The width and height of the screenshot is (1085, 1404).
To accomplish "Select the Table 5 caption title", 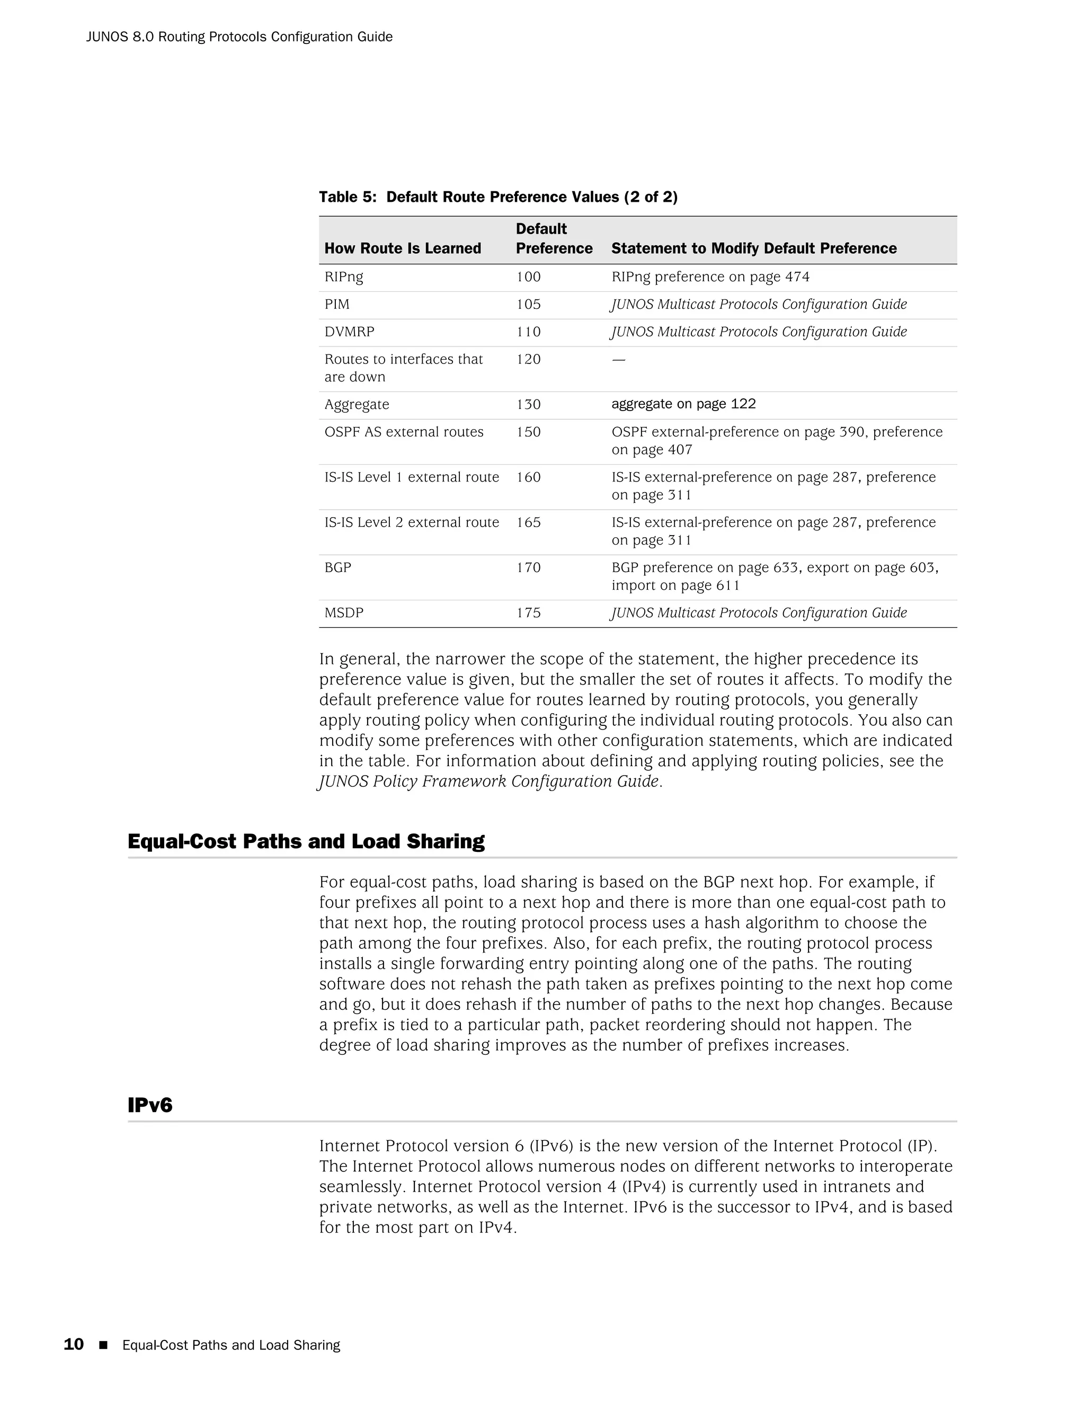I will [498, 197].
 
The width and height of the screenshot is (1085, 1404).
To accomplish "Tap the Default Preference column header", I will [554, 238].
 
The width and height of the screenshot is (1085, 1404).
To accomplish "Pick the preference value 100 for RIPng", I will [528, 277].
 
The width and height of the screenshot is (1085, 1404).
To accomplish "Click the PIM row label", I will [337, 304].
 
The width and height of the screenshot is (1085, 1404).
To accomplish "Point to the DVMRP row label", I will [349, 332].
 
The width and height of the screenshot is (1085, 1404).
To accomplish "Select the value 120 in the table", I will [528, 359].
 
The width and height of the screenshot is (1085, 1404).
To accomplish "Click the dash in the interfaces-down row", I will [618, 359].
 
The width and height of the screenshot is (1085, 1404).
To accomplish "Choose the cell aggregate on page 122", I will [683, 404].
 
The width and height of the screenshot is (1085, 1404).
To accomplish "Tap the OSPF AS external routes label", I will [404, 432].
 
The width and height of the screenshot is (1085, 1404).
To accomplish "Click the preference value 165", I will [528, 522].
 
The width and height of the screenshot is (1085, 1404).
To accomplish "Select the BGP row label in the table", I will [337, 567].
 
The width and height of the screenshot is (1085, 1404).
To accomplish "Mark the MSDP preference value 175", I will [528, 612].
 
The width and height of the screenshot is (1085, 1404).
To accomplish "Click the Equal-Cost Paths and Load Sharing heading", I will [306, 841].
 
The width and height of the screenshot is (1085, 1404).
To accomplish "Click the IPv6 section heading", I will [150, 1105].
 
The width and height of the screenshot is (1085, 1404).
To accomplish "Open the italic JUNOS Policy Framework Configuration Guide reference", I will [489, 781].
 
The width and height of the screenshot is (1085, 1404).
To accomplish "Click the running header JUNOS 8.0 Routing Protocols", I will [239, 37].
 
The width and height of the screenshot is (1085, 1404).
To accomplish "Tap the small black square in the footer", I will [103, 1345].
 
